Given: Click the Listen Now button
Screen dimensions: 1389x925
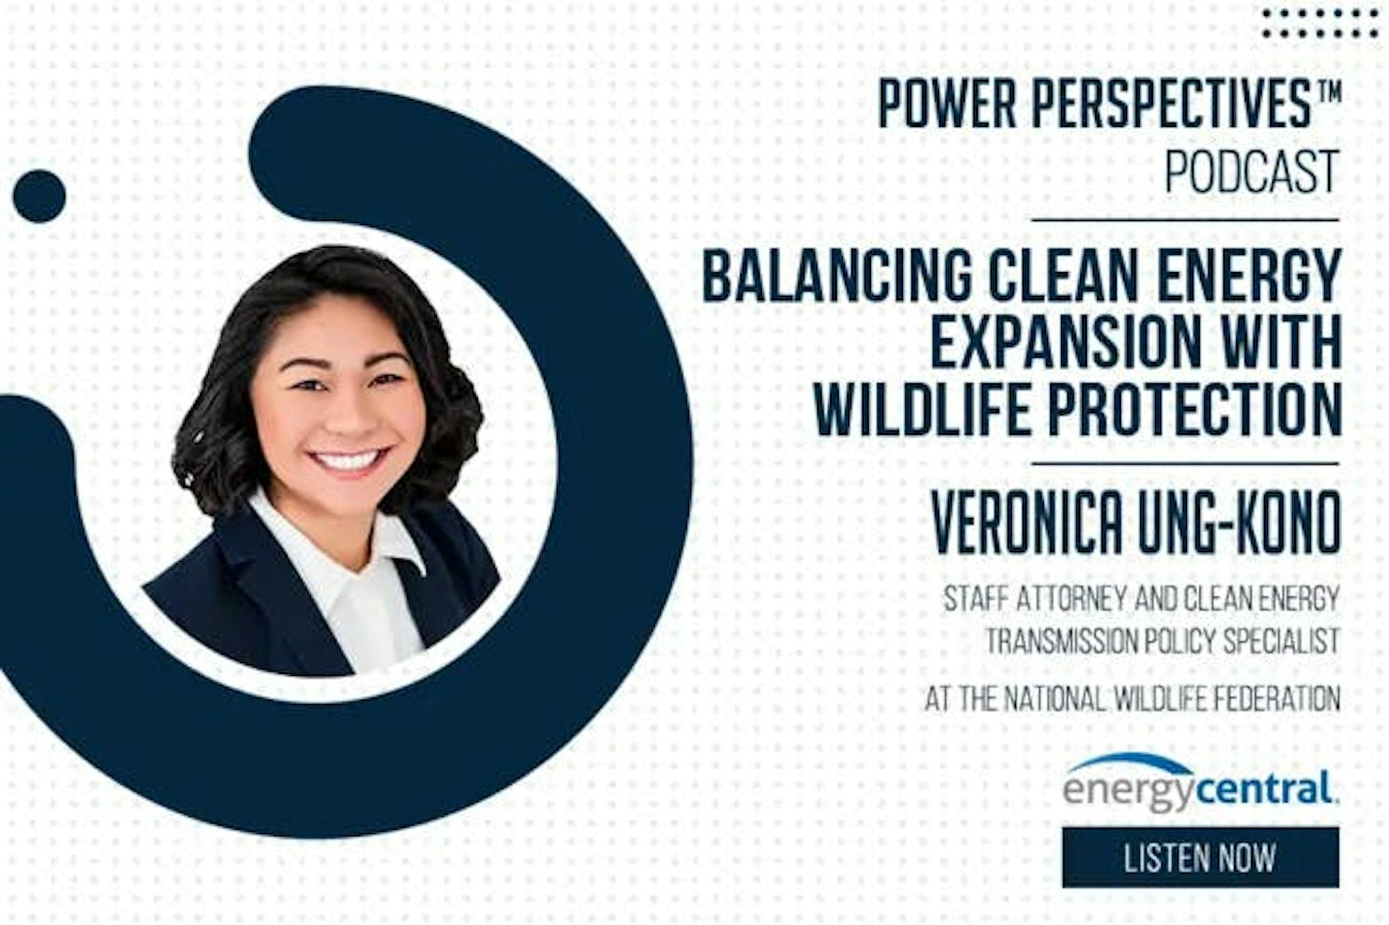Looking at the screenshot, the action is (x=1200, y=858).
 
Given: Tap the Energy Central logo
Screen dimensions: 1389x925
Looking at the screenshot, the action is (x=1201, y=783).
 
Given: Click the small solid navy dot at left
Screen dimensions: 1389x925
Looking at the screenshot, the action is (x=39, y=196).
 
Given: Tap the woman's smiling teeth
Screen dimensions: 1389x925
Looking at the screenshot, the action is (x=347, y=459).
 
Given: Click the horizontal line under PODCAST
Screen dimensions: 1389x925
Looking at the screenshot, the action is (x=1185, y=220).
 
